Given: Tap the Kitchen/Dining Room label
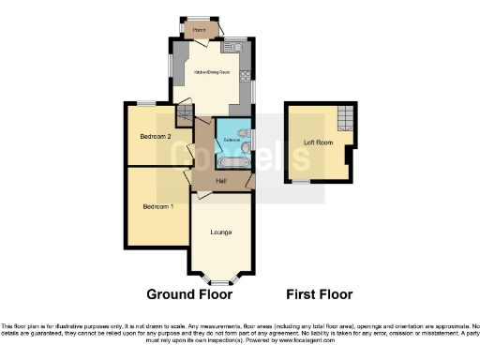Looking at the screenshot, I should pos(211,71).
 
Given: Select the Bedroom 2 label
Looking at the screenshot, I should pos(156,136).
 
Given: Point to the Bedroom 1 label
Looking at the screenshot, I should pos(157,205).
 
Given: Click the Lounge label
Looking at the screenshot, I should pos(221,231).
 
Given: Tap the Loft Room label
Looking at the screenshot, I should pos(318,142).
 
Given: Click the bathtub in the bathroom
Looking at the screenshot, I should pos(231,163).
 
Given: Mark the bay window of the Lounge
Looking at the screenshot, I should pos(221,279).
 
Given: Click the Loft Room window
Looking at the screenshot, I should pos(302,179).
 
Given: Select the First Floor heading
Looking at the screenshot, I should pos(319,294).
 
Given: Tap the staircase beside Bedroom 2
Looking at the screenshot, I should pos(185,116).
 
